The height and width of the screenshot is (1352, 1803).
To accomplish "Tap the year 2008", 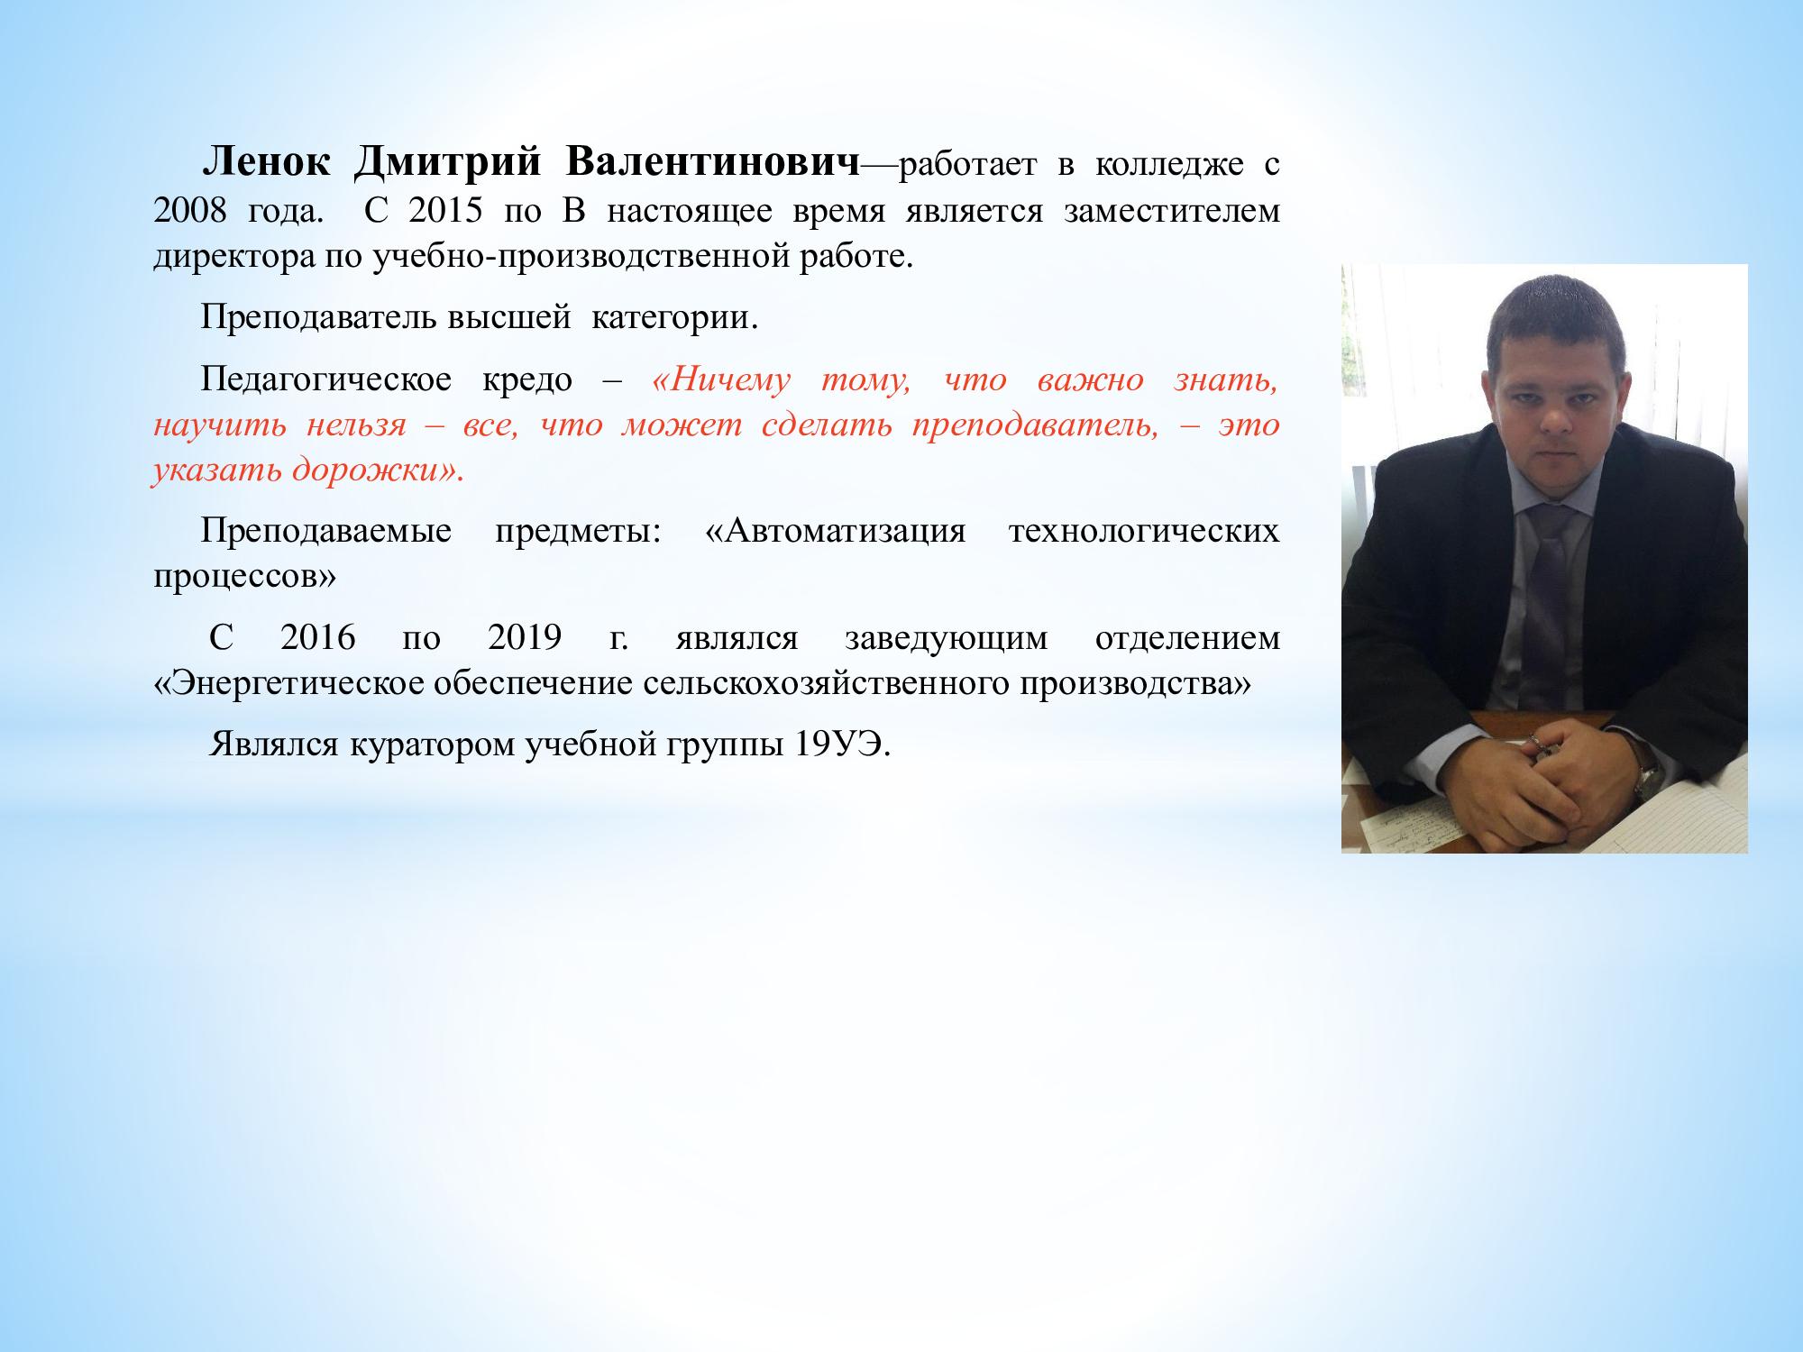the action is [188, 212].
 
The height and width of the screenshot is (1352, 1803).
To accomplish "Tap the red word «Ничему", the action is [719, 380].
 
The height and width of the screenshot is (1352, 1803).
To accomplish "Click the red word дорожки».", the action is [378, 470].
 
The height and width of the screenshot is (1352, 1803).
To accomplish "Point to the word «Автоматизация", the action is [835, 531].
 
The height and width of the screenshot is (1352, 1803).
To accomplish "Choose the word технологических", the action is [1144, 532].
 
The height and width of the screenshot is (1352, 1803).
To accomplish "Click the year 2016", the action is [317, 638].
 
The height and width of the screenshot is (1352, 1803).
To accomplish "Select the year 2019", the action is [525, 638].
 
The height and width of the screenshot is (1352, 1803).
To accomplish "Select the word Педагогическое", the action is [326, 381].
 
